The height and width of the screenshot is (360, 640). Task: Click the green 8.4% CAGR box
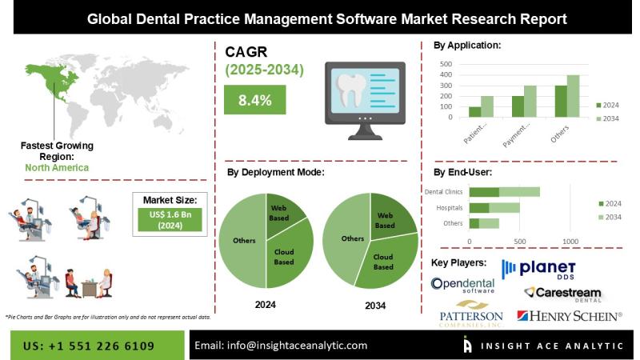click(255, 100)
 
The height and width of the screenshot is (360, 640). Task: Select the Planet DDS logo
click(538, 270)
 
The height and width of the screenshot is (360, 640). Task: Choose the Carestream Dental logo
click(563, 293)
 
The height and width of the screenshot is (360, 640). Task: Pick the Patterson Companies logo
click(470, 312)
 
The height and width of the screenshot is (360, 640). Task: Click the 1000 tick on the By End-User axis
click(570, 241)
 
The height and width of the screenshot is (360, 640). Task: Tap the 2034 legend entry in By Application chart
click(608, 118)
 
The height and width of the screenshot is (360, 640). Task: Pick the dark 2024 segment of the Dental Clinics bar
click(484, 192)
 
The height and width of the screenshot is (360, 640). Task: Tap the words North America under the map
click(57, 168)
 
